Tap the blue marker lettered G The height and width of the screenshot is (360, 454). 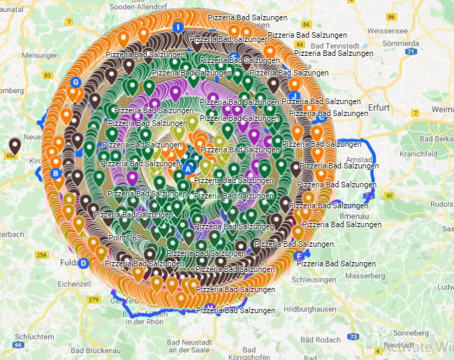(75, 82)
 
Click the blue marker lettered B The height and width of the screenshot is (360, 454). (56, 173)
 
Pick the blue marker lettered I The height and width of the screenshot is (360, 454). (178, 27)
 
